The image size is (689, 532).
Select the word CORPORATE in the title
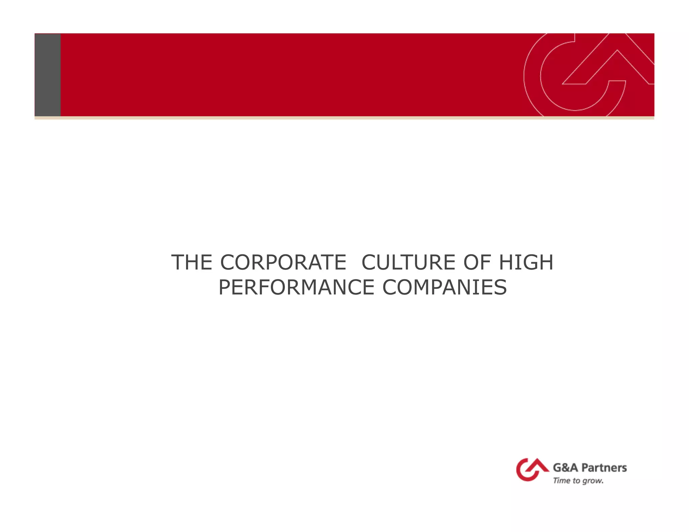[x=283, y=262]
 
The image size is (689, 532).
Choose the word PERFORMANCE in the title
[x=296, y=288]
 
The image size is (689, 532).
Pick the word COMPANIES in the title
[x=444, y=288]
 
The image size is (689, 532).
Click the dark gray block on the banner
[x=48, y=75]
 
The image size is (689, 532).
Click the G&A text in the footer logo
[x=566, y=467]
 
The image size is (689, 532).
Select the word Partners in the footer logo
[x=604, y=467]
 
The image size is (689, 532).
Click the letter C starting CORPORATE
[x=227, y=262]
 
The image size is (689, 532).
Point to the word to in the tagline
[x=576, y=481]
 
